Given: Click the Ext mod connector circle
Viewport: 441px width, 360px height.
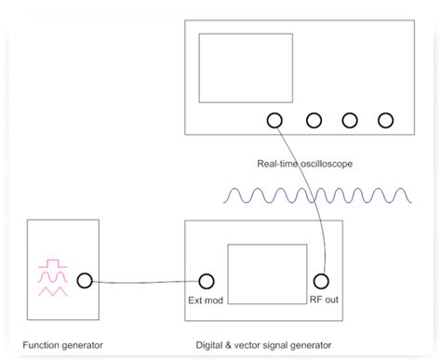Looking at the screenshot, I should tap(207, 280).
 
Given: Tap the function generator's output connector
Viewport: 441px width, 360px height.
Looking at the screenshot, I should tap(84, 279).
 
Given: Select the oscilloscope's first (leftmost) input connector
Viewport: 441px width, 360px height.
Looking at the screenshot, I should tap(274, 120).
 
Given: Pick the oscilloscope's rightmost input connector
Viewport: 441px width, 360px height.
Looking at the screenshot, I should tap(385, 120).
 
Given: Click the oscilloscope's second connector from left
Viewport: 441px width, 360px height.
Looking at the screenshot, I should tap(314, 120).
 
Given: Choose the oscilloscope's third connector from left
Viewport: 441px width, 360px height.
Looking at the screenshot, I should tap(350, 120).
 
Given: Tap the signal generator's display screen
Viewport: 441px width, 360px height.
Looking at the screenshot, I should tap(265, 273).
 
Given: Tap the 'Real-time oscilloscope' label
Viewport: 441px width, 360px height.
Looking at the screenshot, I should tap(305, 165).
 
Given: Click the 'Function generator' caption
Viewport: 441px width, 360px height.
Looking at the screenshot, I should tap(62, 345).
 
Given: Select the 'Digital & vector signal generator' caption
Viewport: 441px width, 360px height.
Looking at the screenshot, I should tap(263, 345).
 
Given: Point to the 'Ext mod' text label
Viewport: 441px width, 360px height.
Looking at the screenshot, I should tap(206, 300).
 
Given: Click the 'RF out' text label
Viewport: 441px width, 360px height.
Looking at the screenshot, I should tap(323, 300).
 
